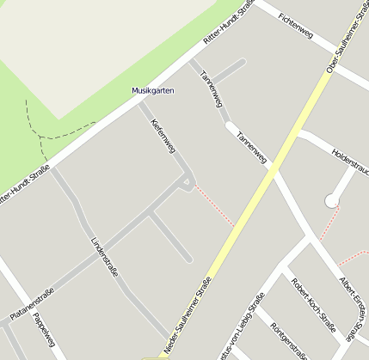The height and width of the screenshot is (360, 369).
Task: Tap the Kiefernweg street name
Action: coord(163,137)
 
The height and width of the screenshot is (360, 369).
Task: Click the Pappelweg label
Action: coord(43,331)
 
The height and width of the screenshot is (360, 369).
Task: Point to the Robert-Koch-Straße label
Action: coord(312,305)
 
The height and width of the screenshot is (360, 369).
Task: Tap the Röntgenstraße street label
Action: coord(289,339)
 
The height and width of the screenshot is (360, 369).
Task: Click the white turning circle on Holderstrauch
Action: coord(331,201)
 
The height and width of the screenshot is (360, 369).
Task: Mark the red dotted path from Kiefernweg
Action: coord(214,207)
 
